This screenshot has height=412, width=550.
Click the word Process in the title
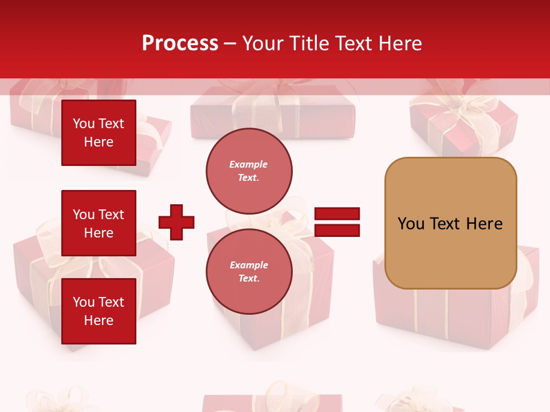point(180,43)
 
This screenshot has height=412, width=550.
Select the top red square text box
point(99,133)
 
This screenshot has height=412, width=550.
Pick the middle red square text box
point(99,223)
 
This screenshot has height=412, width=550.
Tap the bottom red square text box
point(99,311)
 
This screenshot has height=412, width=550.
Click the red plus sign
point(176,222)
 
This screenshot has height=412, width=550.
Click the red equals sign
point(337,223)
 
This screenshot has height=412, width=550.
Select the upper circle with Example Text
point(249,171)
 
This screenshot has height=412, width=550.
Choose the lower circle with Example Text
point(249,271)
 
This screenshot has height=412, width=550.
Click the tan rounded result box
point(450,223)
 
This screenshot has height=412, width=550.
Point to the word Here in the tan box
point(484,224)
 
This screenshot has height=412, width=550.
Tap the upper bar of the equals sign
point(337,214)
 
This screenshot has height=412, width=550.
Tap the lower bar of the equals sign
point(337,231)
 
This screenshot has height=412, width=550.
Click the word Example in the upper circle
point(249,164)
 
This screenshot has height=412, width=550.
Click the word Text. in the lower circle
point(249,278)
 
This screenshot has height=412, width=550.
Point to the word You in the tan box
point(410,224)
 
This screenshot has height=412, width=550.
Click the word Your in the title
point(263,43)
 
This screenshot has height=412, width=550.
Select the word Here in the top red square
point(99,142)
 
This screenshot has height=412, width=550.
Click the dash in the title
point(230,43)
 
